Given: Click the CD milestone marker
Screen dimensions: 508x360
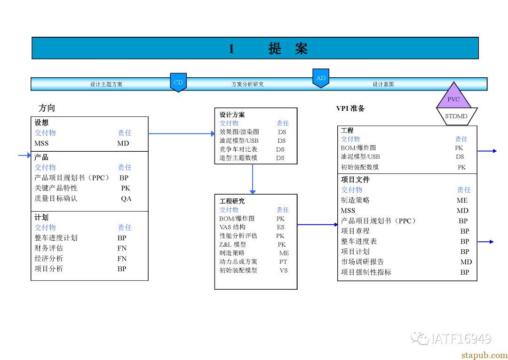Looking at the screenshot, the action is pos(178,82).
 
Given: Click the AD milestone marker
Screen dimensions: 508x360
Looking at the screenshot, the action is pos(321,78).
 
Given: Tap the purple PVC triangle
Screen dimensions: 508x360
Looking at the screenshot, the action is pos(453,97).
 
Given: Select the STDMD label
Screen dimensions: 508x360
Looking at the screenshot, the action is pos(456,116).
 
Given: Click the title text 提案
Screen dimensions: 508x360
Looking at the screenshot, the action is pos(288,49).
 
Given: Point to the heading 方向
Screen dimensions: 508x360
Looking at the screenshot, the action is pos(47,108).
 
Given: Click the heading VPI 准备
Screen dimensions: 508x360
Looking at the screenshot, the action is pos(350,108).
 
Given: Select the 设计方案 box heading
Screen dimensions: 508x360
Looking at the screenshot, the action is pos(232,115).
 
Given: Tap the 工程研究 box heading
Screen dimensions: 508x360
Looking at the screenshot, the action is pos(232,201).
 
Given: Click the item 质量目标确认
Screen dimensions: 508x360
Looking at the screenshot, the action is pos(56,198).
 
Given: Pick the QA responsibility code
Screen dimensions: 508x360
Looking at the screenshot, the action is pos(126,199).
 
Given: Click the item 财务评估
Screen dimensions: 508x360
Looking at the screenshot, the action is pos(48,248).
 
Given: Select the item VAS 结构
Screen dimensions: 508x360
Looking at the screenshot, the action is pos(232,227).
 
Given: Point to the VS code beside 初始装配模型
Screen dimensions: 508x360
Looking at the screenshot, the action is pos(284,270).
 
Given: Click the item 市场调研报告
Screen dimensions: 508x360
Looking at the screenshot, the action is pos(362,262).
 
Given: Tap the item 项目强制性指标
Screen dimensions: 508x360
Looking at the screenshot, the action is pos(366,272).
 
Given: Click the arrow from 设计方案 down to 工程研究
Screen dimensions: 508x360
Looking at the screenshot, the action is pos(253,179).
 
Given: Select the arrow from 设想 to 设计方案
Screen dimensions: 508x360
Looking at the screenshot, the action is pos(182,133).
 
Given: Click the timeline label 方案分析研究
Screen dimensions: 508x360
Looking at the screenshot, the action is pos(247,84).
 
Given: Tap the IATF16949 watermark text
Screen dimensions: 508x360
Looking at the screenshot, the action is pos(461,339).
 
